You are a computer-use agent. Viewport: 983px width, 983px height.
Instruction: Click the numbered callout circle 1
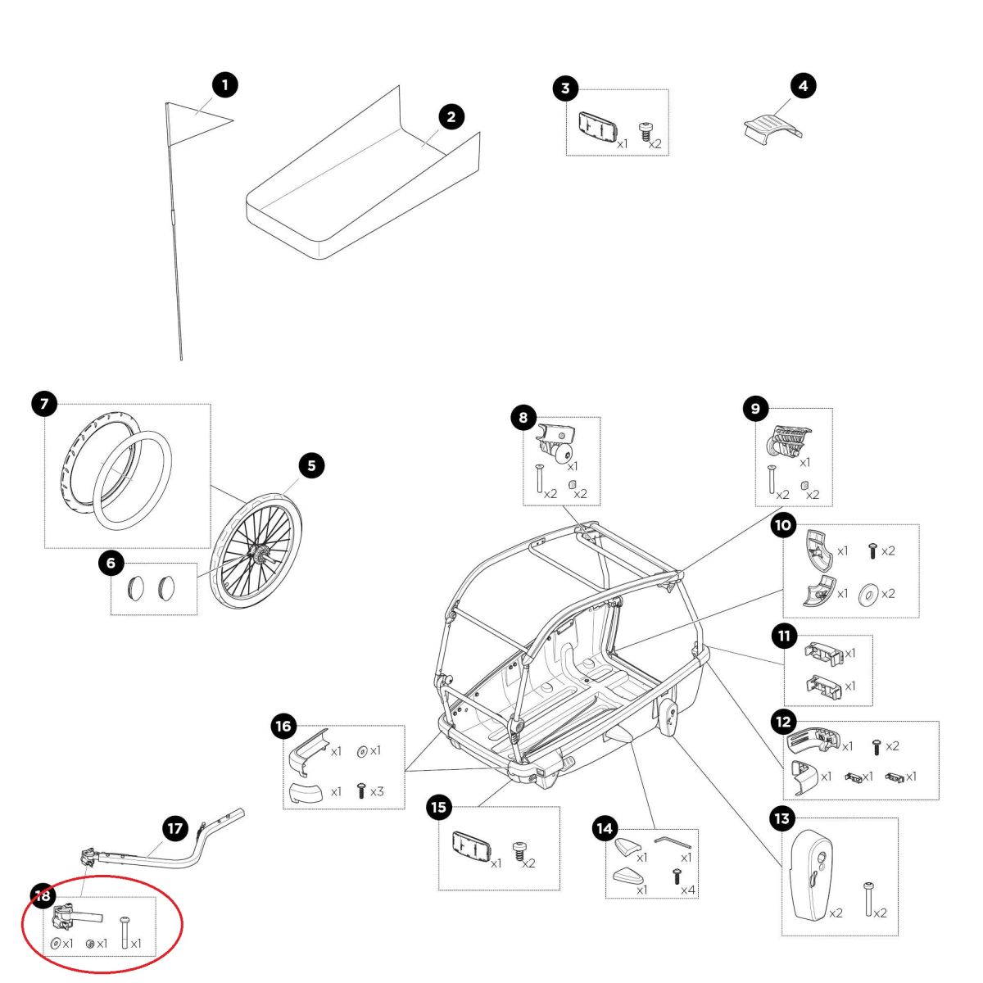pyautogui.click(x=224, y=84)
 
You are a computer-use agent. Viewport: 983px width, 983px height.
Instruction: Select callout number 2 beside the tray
pyautogui.click(x=451, y=116)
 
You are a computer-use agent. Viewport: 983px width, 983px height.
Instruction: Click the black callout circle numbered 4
pyautogui.click(x=803, y=85)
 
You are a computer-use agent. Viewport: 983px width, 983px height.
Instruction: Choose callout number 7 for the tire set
pyautogui.click(x=44, y=403)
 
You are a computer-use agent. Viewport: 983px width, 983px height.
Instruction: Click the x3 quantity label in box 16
pyautogui.click(x=377, y=791)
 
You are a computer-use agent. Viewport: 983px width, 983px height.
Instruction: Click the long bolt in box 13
pyautogui.click(x=867, y=898)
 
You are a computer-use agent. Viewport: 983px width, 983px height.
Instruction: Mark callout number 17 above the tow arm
pyautogui.click(x=175, y=828)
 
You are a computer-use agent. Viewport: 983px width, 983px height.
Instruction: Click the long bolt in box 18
pyautogui.click(x=124, y=932)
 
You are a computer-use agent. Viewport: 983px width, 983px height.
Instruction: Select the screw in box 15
pyautogui.click(x=517, y=851)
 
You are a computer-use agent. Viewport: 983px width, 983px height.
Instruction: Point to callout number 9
pyautogui.click(x=755, y=408)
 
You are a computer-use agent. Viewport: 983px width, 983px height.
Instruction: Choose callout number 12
pyautogui.click(x=784, y=721)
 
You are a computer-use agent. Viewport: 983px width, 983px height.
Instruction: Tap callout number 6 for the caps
pyautogui.click(x=111, y=563)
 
